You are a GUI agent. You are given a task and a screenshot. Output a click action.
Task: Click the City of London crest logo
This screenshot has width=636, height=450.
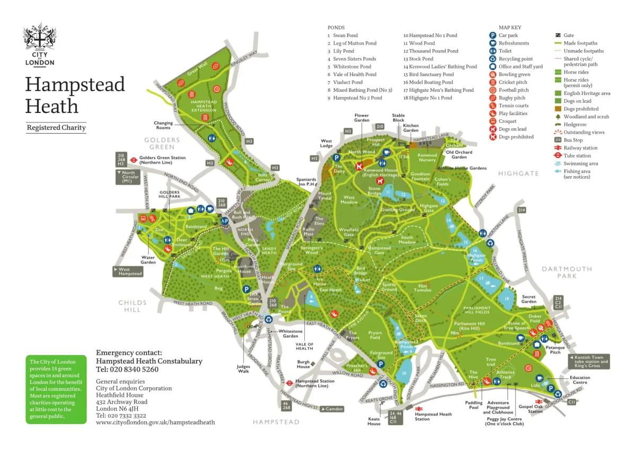(x=39, y=44)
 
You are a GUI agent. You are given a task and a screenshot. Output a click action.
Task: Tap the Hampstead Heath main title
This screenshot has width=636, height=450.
(x=75, y=95)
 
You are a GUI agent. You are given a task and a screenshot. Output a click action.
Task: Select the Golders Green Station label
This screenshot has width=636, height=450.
(x=162, y=160)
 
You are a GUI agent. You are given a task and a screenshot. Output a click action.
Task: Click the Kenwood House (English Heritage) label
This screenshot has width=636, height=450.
(x=381, y=173)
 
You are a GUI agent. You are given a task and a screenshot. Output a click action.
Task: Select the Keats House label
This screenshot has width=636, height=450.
(x=374, y=421)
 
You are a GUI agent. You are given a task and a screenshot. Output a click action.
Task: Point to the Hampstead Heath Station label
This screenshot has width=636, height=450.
(x=433, y=417)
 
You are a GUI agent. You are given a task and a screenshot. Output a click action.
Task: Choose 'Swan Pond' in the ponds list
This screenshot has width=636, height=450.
(x=345, y=36)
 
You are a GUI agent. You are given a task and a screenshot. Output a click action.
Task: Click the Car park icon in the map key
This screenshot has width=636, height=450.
(x=493, y=36)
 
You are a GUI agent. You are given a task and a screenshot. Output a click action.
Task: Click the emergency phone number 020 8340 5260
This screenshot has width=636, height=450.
(x=127, y=369)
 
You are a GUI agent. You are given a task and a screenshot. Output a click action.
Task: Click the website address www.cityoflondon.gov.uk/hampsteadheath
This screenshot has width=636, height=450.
(x=155, y=422)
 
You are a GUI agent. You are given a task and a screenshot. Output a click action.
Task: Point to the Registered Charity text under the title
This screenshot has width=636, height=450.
(x=56, y=128)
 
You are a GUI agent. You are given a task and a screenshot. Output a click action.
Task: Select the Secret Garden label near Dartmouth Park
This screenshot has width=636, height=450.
(x=528, y=299)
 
